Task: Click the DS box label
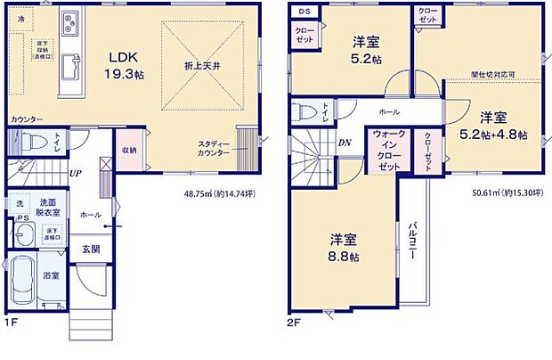303,12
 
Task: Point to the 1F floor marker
12,323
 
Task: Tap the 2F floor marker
294,323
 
